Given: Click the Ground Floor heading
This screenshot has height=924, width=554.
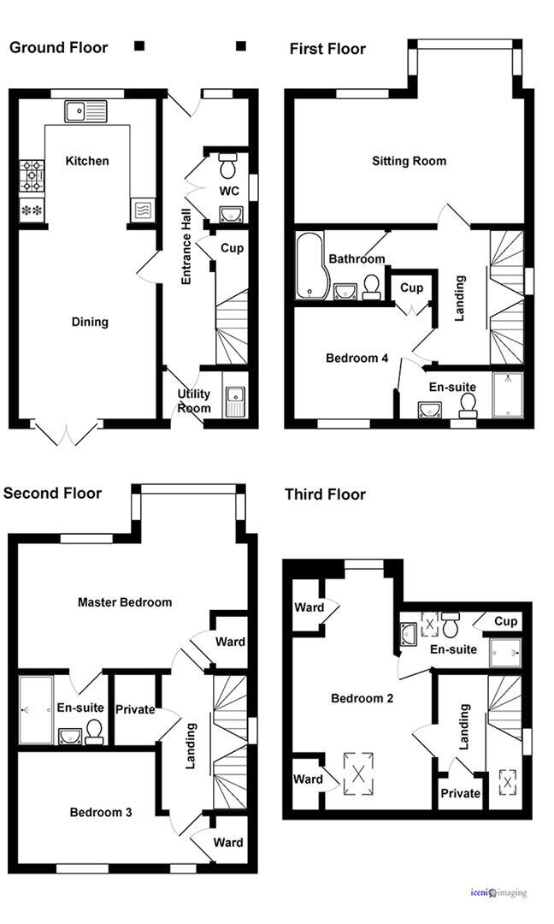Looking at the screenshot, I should [x=58, y=47].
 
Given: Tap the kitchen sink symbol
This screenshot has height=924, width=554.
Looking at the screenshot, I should [x=84, y=110].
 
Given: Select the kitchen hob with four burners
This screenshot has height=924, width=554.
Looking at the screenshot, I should [x=32, y=176].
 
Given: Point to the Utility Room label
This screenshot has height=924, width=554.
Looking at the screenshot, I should [x=194, y=400].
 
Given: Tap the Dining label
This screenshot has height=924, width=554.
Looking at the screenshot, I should [x=90, y=322].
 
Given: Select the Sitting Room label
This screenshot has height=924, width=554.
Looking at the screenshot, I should [x=409, y=161].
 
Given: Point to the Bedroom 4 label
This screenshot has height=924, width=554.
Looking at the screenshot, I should [x=357, y=358].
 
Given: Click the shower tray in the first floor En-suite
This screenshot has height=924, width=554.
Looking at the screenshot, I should [x=507, y=395].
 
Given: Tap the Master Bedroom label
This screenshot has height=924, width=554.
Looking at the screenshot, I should [x=125, y=601].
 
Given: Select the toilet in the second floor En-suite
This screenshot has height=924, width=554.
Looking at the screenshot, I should [x=94, y=730].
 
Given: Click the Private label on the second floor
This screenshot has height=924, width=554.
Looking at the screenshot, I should [x=135, y=709].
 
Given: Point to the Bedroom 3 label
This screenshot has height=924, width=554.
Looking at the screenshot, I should [x=101, y=812].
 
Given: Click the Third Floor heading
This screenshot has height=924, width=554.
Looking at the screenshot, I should [x=325, y=495].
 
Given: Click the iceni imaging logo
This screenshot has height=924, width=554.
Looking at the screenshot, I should [x=498, y=893].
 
